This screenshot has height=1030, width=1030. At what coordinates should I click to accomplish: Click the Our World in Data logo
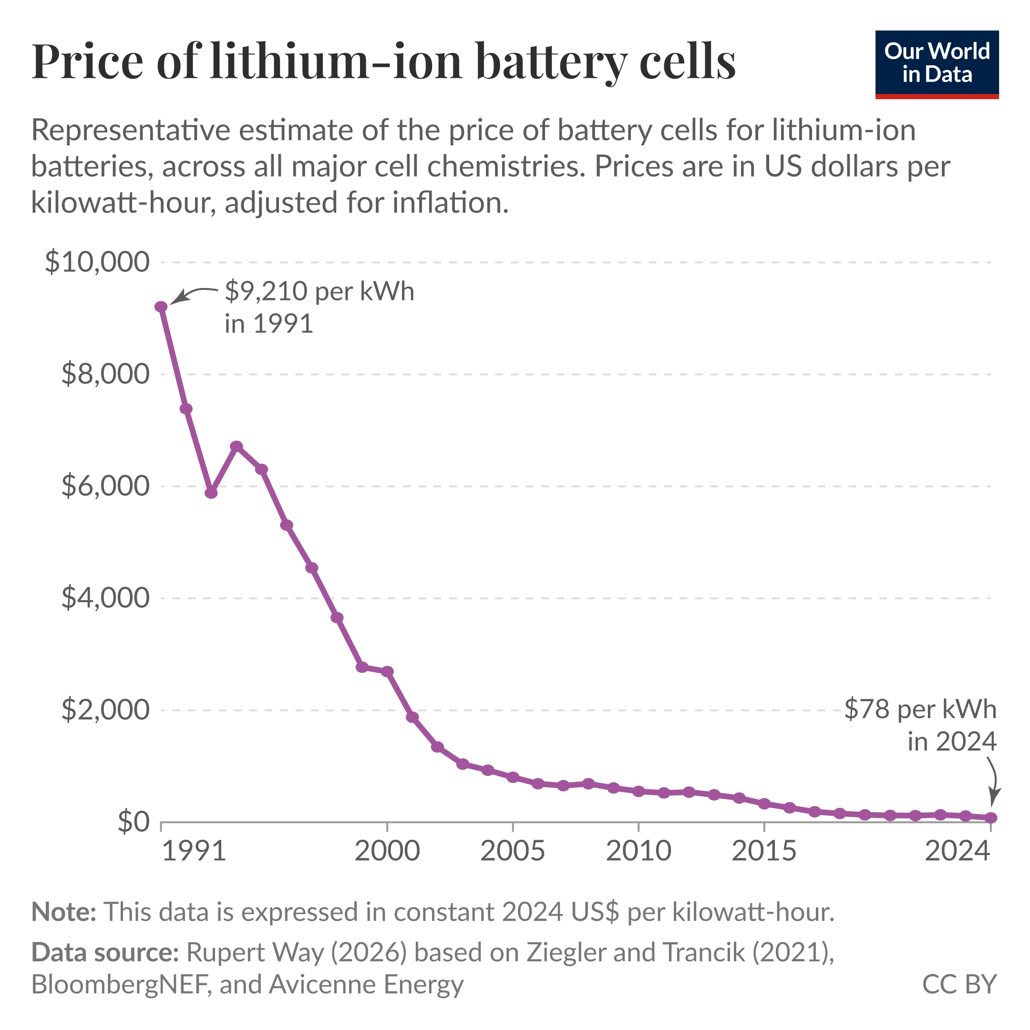[x=937, y=64]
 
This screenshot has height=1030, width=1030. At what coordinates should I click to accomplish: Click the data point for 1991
[x=161, y=307]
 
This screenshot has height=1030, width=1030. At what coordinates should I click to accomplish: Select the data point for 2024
[x=991, y=818]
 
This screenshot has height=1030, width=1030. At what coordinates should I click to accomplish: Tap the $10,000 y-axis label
[x=97, y=262]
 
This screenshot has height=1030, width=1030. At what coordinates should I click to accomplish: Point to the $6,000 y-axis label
[x=105, y=486]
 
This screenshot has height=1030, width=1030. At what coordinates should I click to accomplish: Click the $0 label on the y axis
[x=134, y=822]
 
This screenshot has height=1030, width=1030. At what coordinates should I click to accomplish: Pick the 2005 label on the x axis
[x=512, y=851]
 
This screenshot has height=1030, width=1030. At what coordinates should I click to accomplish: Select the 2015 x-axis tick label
[x=764, y=851]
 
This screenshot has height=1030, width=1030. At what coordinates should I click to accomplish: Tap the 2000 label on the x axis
[x=387, y=851]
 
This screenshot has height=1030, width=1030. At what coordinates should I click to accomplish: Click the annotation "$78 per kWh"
[x=920, y=709]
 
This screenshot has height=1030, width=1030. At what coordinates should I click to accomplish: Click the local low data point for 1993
[x=211, y=493]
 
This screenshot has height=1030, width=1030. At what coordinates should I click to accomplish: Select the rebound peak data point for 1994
[x=237, y=446]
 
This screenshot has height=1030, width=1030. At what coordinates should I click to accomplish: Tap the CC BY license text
[x=959, y=984]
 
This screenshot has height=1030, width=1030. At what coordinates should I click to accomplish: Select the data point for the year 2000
[x=388, y=671]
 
